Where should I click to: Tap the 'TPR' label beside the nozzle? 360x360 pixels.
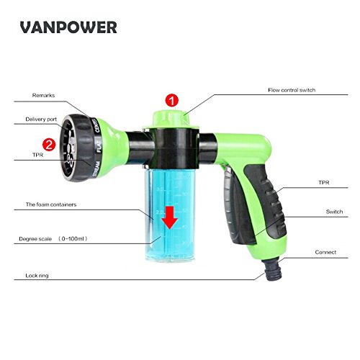[x=33, y=153]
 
